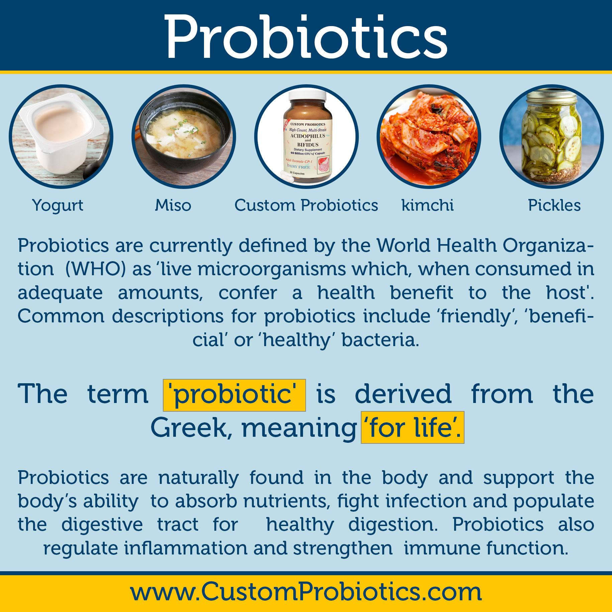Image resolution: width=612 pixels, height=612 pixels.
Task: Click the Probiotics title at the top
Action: click(x=306, y=37)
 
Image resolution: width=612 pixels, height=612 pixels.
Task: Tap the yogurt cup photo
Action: click(x=61, y=136)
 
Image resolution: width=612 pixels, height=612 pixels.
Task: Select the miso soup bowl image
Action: click(x=184, y=136)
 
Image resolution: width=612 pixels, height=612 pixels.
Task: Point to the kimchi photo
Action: click(x=429, y=136)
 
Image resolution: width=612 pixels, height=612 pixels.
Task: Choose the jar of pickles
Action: click(x=552, y=136)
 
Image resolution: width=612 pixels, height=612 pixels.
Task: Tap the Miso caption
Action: click(x=173, y=205)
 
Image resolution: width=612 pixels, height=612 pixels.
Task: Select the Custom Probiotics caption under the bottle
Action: click(x=306, y=205)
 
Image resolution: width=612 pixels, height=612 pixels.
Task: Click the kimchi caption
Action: click(x=427, y=205)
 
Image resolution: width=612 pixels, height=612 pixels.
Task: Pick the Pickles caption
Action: click(x=554, y=205)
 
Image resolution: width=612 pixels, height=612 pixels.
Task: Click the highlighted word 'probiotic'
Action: click(x=234, y=395)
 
